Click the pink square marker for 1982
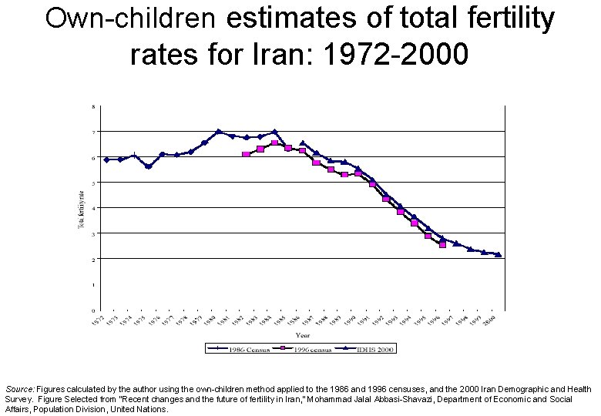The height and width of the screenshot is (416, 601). pos(246,155)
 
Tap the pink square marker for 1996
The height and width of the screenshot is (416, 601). pos(442,245)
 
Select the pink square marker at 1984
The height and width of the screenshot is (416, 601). pos(274,143)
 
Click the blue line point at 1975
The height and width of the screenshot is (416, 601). pos(148,166)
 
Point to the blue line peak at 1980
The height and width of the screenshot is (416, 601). pos(218,132)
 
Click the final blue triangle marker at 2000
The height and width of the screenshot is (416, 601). pos(499,254)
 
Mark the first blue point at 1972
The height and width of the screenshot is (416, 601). pos(106,159)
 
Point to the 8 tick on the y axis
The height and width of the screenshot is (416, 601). pos(94,106)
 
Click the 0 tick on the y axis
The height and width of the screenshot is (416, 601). pos(94,310)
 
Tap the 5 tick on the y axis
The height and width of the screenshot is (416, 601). pos(94,183)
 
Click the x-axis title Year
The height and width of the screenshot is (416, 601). pos(304,334)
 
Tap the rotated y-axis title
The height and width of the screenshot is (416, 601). pos(80,208)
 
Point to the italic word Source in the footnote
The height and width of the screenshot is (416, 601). pos(19,391)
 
